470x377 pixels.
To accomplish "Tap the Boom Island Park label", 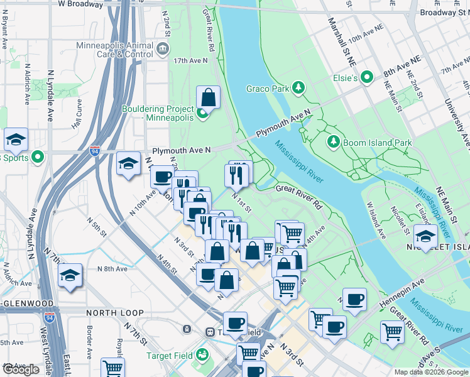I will click(377, 143).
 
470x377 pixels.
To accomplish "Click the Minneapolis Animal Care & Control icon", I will click(163, 49).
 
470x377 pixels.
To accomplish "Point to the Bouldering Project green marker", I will click(202, 114).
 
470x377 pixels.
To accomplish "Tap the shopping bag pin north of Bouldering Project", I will click(208, 98).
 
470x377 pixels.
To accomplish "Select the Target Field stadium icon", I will click(202, 356).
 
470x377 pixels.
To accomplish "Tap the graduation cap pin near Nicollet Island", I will click(426, 237).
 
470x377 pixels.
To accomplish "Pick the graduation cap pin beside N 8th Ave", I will click(70, 275).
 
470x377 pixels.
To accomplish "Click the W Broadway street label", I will click(80, 4).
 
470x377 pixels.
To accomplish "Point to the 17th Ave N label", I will click(191, 60).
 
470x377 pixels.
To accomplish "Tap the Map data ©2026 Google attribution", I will click(431, 372).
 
